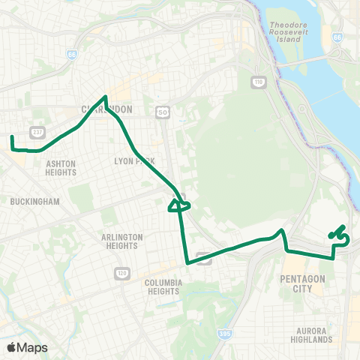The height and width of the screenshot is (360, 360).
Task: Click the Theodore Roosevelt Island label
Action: [288, 34]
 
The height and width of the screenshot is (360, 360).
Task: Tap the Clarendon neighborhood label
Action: [106, 109]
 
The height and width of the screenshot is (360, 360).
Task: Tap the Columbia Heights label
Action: [165, 287]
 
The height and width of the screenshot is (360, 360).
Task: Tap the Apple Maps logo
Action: [27, 347]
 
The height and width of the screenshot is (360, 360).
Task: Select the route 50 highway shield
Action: [162, 112]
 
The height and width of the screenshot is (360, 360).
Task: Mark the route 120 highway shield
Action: [120, 272]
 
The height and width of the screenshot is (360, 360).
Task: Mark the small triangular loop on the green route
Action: [179, 203]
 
